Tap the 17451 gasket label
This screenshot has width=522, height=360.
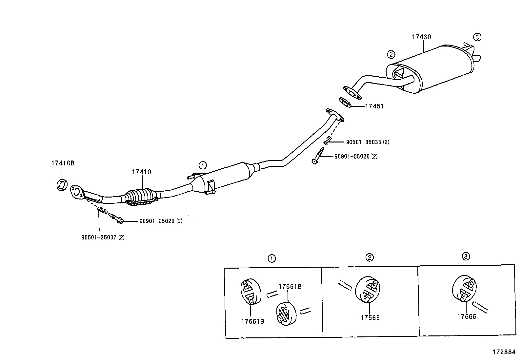click(x=374, y=106)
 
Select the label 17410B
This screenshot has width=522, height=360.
click(x=63, y=163)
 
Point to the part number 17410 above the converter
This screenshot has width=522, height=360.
click(x=142, y=172)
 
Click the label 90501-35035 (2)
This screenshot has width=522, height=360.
click(x=367, y=142)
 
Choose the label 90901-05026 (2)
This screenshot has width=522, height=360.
click(x=356, y=157)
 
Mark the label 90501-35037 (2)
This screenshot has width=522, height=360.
click(x=103, y=237)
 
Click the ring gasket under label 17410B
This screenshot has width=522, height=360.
click(x=62, y=185)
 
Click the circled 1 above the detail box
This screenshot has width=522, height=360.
click(x=271, y=259)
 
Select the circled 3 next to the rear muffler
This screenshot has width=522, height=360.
click(x=477, y=37)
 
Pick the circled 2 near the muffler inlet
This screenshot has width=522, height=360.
click(x=391, y=55)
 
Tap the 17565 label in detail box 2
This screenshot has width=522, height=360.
click(x=370, y=317)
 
